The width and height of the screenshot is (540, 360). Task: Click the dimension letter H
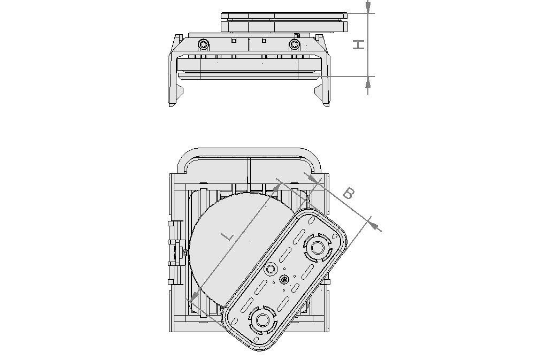[x=359, y=44]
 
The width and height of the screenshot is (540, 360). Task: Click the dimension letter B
[x=348, y=193]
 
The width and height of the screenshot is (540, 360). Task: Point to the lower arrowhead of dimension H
[x=368, y=82]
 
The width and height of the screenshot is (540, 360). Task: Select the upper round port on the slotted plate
[x=318, y=248]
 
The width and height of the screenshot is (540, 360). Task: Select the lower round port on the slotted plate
[x=263, y=319]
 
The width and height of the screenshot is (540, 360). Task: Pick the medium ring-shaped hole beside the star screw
[x=271, y=268]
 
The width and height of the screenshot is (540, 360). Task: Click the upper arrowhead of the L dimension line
[x=277, y=187]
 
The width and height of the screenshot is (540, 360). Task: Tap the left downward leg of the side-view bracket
[x=174, y=80]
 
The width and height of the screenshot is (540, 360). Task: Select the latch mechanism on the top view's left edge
[x=173, y=251]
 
